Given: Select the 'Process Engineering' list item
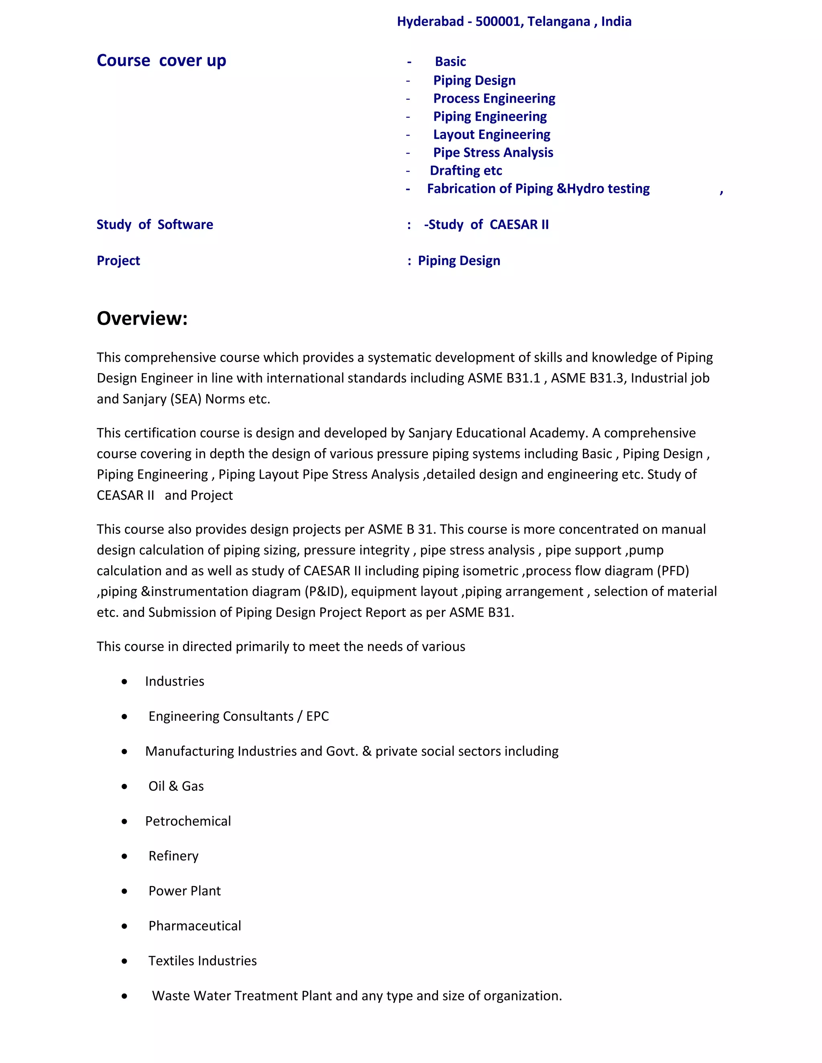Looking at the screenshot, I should tap(494, 98).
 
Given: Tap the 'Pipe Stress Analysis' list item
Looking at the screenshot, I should tap(493, 152).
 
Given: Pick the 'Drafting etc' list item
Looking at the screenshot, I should tap(466, 170).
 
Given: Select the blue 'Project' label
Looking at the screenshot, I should tap(118, 260).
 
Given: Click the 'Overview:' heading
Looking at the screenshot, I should tap(142, 318).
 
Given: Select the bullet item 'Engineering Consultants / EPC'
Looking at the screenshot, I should tap(239, 716).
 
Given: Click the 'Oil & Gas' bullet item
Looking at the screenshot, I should tap(176, 786).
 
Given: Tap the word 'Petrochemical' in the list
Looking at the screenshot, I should tap(188, 821).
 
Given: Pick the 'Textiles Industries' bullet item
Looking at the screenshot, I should tap(203, 961).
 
